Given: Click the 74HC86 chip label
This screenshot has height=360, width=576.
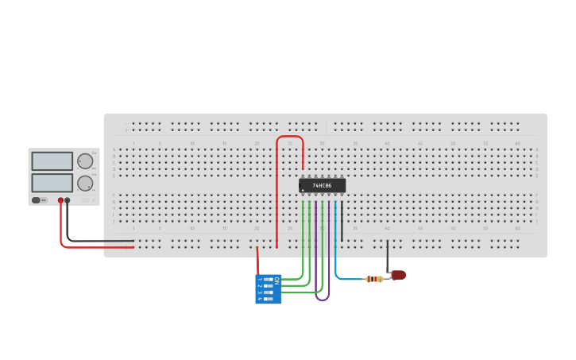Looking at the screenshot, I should (322, 185).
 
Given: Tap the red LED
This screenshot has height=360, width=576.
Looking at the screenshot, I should (398, 275).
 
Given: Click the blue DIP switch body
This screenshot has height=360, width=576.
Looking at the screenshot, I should (268, 289).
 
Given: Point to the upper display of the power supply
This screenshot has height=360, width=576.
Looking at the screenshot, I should (52, 161).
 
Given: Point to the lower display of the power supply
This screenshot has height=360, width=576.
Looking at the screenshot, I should (52, 183).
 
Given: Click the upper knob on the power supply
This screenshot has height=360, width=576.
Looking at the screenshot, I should (85, 161).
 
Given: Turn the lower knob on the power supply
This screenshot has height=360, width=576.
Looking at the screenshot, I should (85, 183).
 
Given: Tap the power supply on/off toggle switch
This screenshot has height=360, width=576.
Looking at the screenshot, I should (37, 200).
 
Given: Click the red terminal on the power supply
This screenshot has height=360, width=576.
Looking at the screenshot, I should (60, 200).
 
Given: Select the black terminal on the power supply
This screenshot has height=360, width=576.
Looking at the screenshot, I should (68, 200).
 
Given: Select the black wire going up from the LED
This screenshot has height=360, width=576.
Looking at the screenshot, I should (388, 256).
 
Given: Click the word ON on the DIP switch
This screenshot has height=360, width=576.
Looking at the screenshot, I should (276, 281).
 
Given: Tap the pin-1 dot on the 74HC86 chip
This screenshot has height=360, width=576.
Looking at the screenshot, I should (303, 191).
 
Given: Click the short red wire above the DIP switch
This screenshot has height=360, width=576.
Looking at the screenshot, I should (257, 261).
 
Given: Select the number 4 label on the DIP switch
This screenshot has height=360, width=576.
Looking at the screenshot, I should (259, 300).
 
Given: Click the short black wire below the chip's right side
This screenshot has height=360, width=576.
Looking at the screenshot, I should (342, 226).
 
